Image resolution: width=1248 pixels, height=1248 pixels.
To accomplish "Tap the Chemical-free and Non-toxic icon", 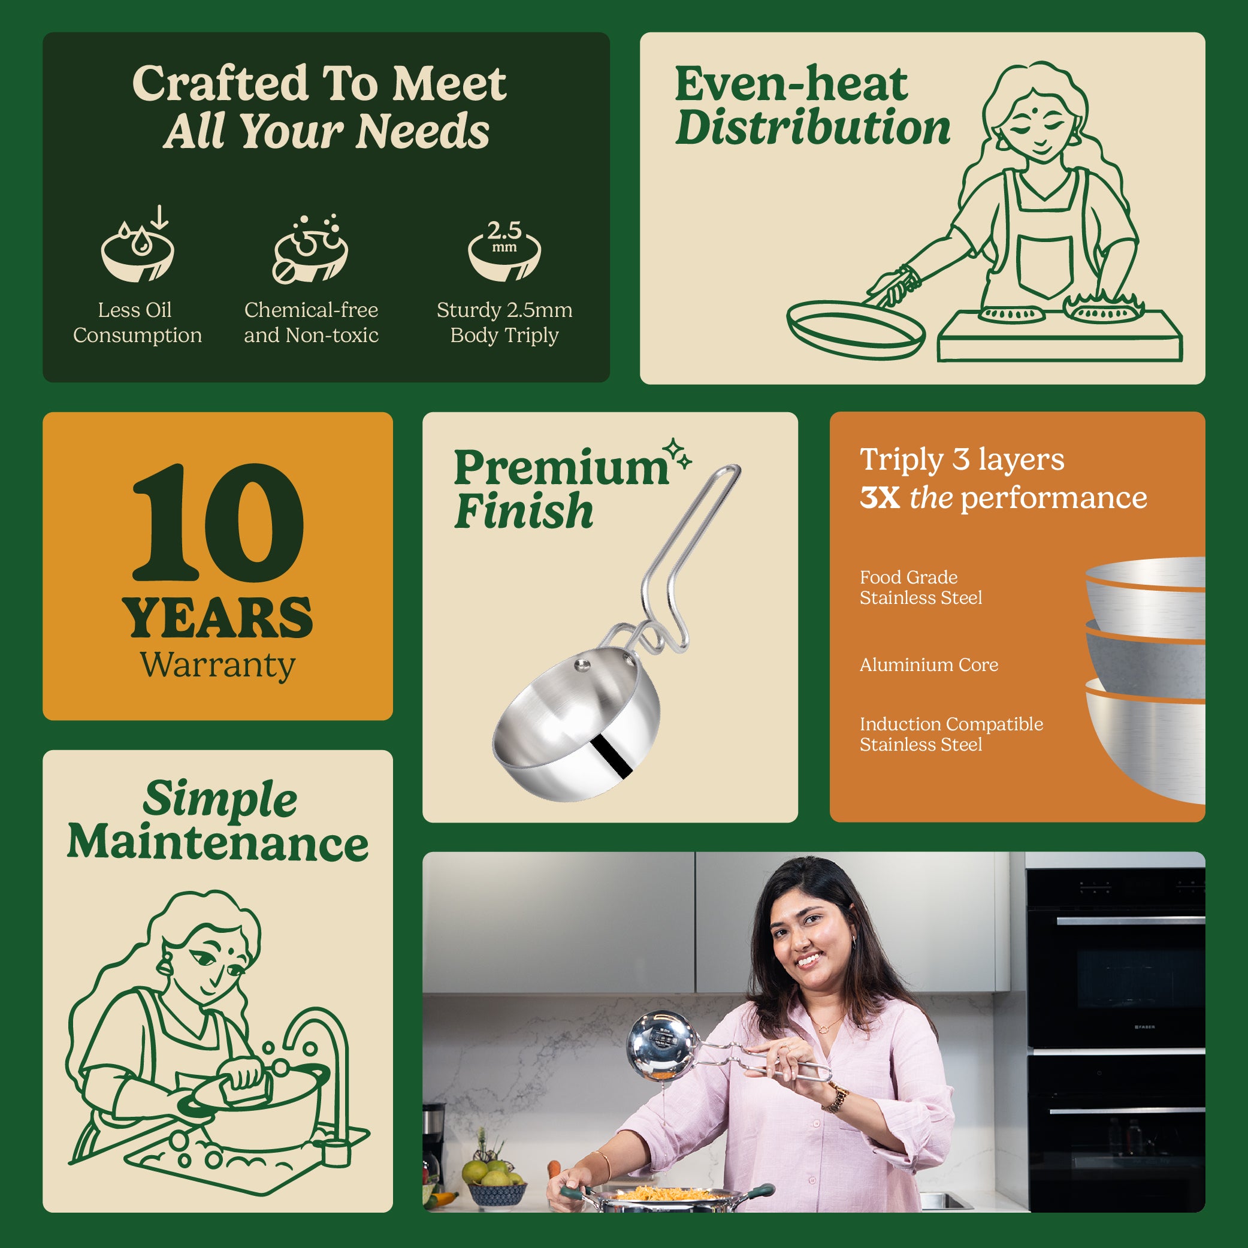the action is click(x=311, y=249).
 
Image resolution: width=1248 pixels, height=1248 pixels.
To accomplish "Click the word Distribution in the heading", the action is click(x=812, y=127).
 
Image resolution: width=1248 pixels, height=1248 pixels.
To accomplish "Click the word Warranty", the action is click(x=217, y=666).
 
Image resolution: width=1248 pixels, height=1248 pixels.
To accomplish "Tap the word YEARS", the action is click(x=217, y=618).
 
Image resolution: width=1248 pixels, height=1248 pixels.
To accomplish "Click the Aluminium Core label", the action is click(x=929, y=664).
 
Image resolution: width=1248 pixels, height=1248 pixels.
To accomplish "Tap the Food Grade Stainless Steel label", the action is click(x=920, y=587).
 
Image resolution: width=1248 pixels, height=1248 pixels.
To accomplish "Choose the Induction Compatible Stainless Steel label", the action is click(x=951, y=734).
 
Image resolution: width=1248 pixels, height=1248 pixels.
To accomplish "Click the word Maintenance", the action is click(x=217, y=843).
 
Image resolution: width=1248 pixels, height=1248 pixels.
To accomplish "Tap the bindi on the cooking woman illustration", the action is click(x=1040, y=110).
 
